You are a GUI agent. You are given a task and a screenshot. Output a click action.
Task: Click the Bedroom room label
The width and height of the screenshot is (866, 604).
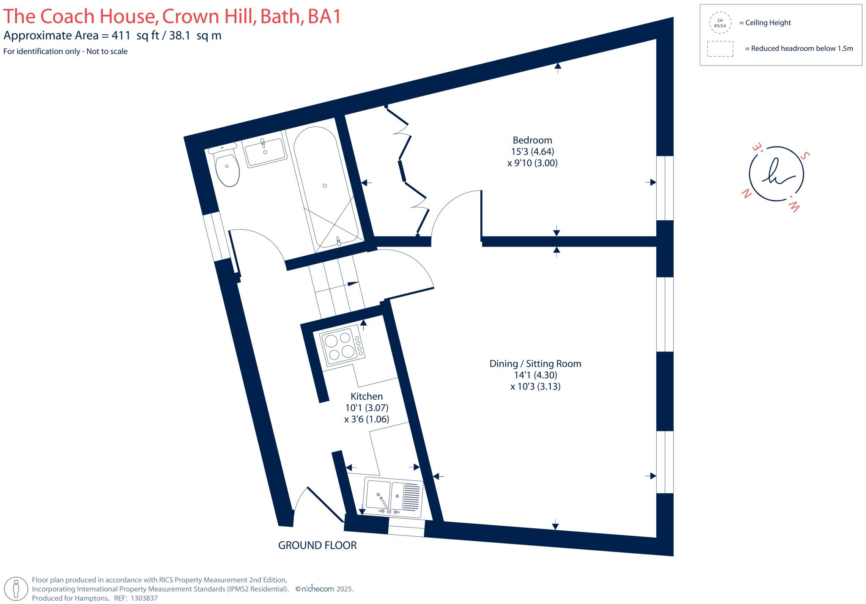(x=532, y=140)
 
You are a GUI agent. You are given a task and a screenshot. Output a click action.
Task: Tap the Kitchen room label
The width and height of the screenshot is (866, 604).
(x=366, y=396)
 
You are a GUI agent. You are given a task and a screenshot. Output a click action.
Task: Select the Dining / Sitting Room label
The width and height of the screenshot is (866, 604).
(x=535, y=364)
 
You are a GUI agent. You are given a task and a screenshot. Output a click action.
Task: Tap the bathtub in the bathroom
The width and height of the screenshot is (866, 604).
(x=326, y=186)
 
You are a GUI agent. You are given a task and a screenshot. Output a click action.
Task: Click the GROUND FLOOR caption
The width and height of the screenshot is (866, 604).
(x=317, y=546)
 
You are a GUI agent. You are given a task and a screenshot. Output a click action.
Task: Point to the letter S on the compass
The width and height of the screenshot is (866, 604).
(x=806, y=155)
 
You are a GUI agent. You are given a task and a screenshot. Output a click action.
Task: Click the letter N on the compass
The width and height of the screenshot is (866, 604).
(x=747, y=194)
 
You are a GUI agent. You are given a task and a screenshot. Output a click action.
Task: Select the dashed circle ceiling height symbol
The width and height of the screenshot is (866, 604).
(x=720, y=23)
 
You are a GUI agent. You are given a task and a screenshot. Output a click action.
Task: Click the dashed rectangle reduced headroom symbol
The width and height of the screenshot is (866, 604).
(x=720, y=49)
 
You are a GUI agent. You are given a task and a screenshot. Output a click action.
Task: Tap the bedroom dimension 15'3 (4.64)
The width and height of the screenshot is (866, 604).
(x=532, y=151)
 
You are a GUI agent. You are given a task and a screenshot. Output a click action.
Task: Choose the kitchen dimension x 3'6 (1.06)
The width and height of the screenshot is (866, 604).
(x=366, y=419)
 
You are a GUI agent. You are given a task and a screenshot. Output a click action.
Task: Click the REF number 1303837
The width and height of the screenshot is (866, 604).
(x=144, y=599)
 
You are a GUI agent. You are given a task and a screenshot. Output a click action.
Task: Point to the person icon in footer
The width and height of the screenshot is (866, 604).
(x=16, y=589)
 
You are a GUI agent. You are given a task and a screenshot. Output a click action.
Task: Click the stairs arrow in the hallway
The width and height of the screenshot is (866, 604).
(x=353, y=283)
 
